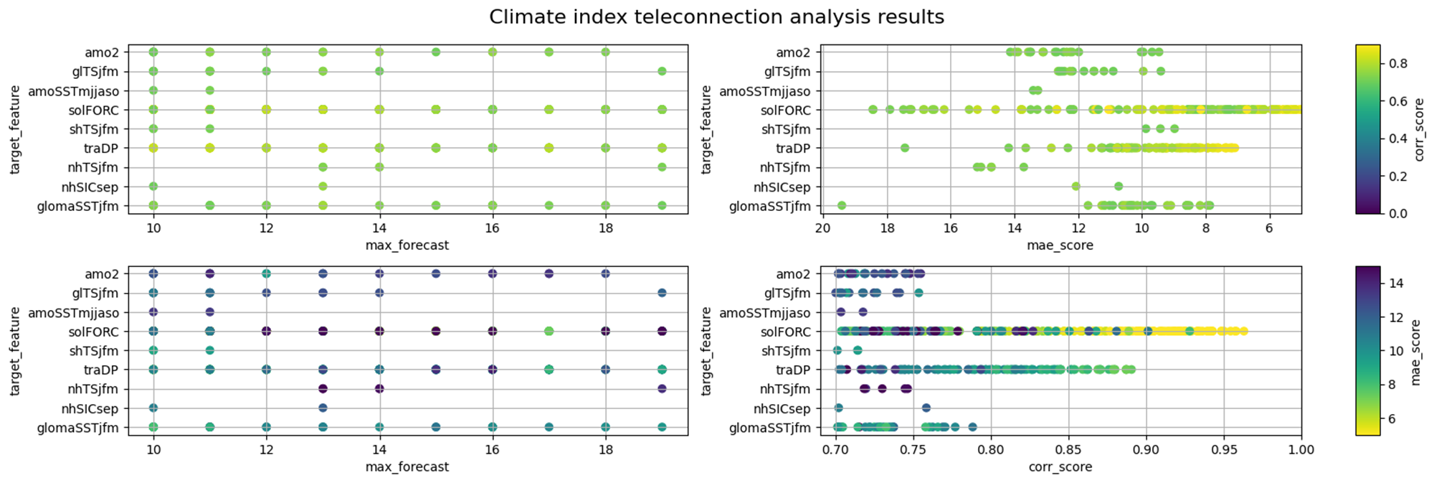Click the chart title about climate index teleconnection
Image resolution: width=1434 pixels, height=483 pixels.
coord(716,17)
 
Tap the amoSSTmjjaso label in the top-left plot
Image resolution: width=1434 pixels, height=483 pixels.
coord(74,91)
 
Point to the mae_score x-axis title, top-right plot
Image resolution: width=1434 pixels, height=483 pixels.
coord(1060,245)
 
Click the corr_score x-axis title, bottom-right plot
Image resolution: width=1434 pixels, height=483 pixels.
coord(1060,467)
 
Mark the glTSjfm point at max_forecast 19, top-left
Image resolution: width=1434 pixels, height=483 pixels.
coord(662,71)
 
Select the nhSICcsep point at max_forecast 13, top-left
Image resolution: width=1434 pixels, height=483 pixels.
coord(323,187)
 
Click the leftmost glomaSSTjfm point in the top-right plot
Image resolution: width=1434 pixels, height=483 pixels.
coord(842,206)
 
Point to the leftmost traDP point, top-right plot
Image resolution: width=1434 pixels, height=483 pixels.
coord(905,148)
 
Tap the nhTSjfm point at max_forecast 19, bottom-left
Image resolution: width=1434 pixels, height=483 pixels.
coord(662,389)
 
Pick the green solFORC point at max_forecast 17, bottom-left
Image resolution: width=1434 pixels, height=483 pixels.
coord(549,331)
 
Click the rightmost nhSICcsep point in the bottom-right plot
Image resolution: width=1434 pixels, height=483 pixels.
coord(926,408)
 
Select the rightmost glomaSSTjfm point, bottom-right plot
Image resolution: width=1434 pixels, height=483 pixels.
coord(972,427)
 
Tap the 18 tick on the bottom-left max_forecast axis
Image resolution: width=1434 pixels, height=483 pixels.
coord(606,450)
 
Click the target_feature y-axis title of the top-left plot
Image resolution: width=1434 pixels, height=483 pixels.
coord(15,129)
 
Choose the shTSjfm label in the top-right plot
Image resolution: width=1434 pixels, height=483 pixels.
coord(786,130)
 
